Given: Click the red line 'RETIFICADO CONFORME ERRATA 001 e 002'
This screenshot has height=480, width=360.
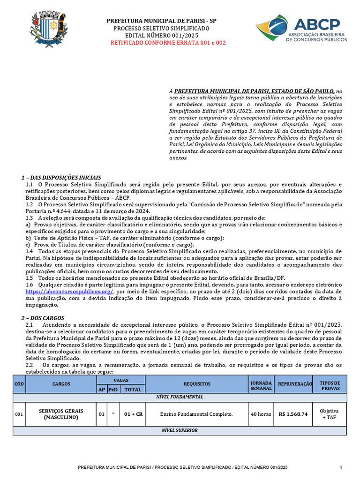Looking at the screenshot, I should point(168,43).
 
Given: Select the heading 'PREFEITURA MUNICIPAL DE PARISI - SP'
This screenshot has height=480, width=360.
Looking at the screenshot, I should point(162,21).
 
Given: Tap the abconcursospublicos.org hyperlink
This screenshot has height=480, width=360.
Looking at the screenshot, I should point(69,291).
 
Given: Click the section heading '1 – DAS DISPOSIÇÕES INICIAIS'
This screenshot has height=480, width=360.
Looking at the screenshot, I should point(61,178).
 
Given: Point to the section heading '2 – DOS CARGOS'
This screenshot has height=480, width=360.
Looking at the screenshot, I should point(43,318).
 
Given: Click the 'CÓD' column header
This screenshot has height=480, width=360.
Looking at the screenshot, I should point(19,383).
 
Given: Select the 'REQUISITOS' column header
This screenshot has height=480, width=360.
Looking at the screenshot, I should point(196,383).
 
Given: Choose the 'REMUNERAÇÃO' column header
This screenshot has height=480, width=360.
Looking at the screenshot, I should point(295,383).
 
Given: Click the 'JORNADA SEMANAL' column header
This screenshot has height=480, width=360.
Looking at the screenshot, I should point(261,383).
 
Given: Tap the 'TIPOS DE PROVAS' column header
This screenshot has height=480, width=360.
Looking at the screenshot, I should point(330,383).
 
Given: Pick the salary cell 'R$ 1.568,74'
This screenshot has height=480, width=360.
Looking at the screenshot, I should point(293,414).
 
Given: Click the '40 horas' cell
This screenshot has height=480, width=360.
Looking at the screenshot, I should point(261,414).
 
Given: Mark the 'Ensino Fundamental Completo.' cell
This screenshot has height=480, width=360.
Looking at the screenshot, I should point(196,414).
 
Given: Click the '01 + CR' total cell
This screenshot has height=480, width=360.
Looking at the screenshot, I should point(133,414).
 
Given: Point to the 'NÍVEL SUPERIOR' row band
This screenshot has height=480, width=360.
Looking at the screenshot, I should point(186,430).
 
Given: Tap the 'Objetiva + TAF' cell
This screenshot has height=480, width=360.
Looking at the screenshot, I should point(330,414).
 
